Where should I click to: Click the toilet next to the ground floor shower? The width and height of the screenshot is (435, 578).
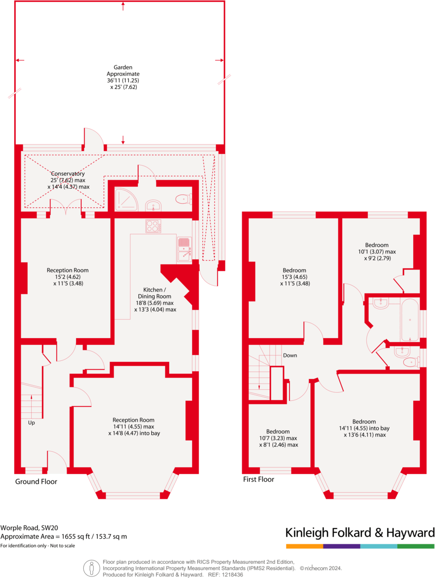[x=184, y=200]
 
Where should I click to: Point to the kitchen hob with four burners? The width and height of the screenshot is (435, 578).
[x=153, y=226]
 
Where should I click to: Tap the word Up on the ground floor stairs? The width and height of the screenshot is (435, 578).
[x=31, y=423]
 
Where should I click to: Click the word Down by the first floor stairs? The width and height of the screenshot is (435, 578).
[x=290, y=355]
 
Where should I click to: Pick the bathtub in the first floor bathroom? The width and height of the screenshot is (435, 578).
[x=409, y=320]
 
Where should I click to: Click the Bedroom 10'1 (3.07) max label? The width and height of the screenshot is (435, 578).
[x=377, y=251]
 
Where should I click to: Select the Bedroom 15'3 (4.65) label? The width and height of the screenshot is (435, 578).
[x=294, y=277]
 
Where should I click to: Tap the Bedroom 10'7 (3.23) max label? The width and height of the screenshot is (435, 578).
[x=278, y=438]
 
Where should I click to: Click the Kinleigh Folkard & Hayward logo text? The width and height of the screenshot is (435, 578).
[x=360, y=533]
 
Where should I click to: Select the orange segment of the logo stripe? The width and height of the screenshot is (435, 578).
[x=304, y=546]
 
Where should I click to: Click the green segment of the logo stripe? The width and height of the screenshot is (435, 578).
[x=415, y=546]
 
